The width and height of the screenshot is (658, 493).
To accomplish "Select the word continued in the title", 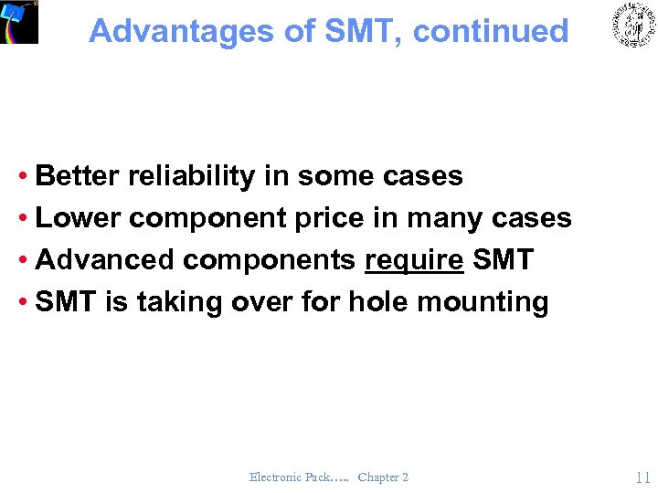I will coord(491,31).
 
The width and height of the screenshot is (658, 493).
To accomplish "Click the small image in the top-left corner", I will coord(19,21).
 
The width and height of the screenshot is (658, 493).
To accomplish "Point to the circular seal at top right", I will coord(633,26).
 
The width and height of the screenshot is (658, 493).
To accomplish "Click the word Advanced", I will coord(105,260).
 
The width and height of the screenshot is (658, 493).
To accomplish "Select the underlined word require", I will coord(414,260).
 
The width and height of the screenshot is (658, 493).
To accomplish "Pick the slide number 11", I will coord(642,477).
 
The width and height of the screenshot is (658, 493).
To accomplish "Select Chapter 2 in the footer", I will coord(383,477).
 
